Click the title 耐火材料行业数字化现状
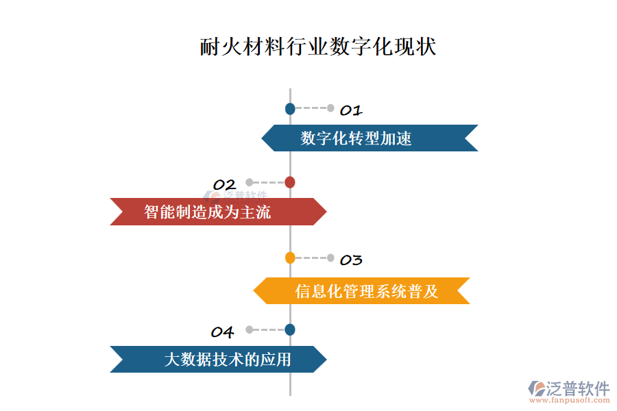(x=318, y=47)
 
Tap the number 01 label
(x=351, y=110)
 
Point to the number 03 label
(x=351, y=260)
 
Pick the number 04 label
(x=222, y=333)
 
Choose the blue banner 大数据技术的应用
(x=218, y=359)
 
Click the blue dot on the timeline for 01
(x=290, y=108)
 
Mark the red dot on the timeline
(x=290, y=182)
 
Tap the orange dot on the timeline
(x=290, y=258)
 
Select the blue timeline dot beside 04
(x=290, y=329)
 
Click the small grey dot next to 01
(x=330, y=108)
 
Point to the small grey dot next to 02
(x=250, y=182)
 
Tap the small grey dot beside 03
(x=330, y=258)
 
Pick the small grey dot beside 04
(x=250, y=329)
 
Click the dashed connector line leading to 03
(x=311, y=258)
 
